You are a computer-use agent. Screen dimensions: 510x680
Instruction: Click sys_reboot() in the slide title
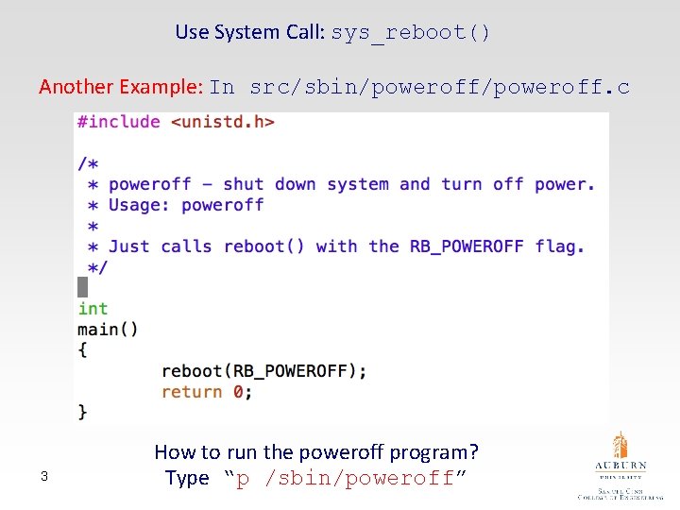point(411,32)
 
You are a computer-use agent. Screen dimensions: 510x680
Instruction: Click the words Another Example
point(120,87)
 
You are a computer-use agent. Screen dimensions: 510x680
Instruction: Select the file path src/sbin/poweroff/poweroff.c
point(439,88)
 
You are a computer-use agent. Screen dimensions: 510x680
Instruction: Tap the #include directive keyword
point(119,122)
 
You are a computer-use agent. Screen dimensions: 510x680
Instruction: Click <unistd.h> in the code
point(223,122)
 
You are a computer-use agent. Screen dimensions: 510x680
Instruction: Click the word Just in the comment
point(129,246)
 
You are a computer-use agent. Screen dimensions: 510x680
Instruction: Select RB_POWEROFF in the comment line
point(467,246)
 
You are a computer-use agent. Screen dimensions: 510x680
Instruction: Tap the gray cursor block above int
point(82,287)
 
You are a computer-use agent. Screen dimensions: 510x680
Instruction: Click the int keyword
point(93,309)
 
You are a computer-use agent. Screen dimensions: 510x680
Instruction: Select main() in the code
point(108,330)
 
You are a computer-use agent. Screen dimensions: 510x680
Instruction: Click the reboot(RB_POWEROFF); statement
point(263,371)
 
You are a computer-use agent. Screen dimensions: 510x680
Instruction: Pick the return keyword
point(192,392)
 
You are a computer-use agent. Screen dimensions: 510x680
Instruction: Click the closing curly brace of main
point(83,412)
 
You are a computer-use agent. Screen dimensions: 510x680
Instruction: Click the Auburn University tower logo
point(620,447)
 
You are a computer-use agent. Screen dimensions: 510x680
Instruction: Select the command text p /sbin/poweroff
point(345,478)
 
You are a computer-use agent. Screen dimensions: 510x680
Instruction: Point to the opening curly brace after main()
point(83,350)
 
